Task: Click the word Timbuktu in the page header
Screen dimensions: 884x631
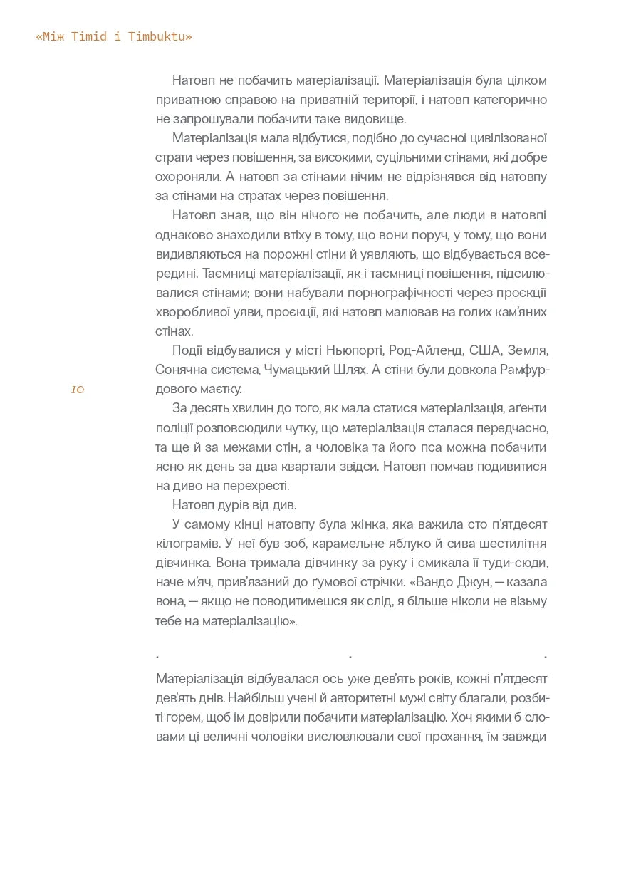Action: click(x=160, y=37)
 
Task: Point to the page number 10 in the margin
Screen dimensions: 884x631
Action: click(x=78, y=390)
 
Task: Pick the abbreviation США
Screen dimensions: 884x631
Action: click(x=486, y=350)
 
